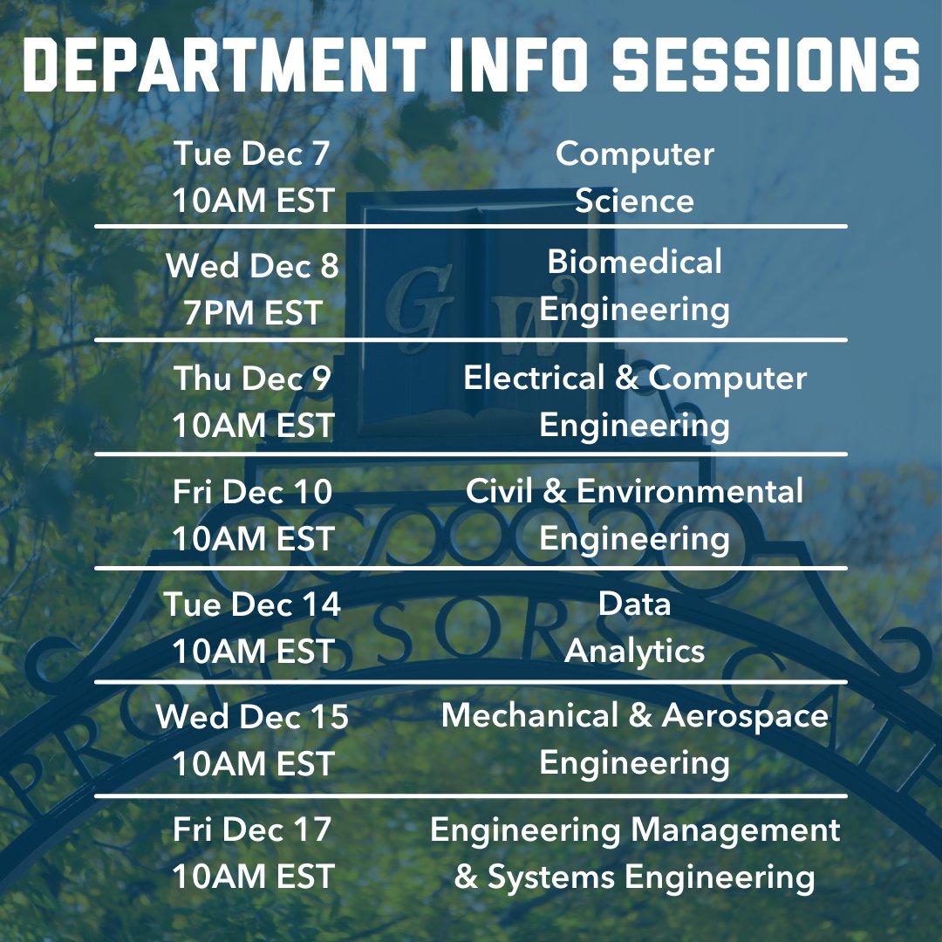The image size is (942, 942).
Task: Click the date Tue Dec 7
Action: (x=252, y=154)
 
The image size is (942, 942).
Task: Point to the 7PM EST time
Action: (x=252, y=312)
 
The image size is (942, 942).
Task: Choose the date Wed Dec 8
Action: (x=252, y=266)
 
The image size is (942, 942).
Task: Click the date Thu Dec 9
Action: (x=252, y=379)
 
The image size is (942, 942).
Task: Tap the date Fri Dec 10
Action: (x=252, y=492)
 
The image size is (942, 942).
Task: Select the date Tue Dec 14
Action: (x=252, y=604)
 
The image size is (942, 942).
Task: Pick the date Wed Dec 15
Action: (x=252, y=717)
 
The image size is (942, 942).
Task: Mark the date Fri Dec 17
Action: (x=252, y=829)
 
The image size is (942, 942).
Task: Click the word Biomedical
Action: (x=634, y=262)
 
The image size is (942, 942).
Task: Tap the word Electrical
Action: (x=534, y=379)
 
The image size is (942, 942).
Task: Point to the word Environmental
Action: (x=689, y=491)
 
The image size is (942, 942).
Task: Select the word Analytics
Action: (x=634, y=651)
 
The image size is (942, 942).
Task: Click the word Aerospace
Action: (x=745, y=716)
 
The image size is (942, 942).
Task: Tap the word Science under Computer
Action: (x=634, y=201)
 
